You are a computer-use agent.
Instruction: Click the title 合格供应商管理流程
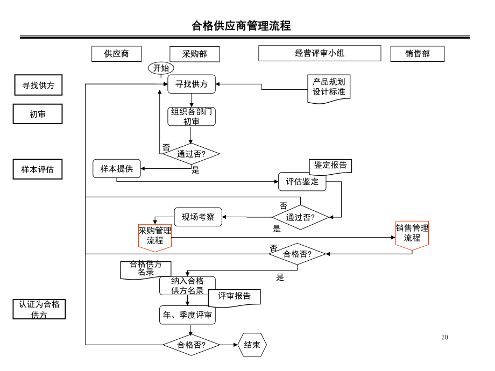pyautogui.click(x=241, y=26)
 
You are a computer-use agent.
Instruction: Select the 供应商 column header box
pyautogui.click(x=116, y=54)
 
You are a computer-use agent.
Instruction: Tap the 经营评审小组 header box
pyautogui.click(x=320, y=53)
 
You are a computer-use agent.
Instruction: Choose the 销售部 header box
pyautogui.click(x=418, y=54)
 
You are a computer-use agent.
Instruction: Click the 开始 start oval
pyautogui.click(x=161, y=68)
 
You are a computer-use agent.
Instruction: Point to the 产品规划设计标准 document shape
pyautogui.click(x=329, y=87)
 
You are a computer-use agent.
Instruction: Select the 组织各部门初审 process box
pyautogui.click(x=192, y=117)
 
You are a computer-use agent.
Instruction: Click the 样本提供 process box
pyautogui.click(x=117, y=169)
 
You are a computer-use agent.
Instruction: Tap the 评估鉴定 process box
pyautogui.click(x=302, y=181)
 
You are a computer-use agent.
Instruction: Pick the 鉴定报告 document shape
pyautogui.click(x=330, y=166)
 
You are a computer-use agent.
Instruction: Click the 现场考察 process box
pyautogui.click(x=198, y=217)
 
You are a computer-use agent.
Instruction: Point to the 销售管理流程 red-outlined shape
pyautogui.click(x=412, y=234)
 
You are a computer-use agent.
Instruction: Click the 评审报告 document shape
pyautogui.click(x=234, y=297)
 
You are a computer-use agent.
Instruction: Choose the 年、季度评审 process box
pyautogui.click(x=187, y=315)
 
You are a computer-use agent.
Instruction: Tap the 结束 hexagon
pyautogui.click(x=252, y=345)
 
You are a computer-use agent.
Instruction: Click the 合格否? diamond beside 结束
pyautogui.click(x=191, y=345)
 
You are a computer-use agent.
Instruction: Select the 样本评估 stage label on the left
pyautogui.click(x=38, y=169)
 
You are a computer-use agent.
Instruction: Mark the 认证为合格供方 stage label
pyautogui.click(x=39, y=309)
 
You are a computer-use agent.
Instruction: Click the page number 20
pyautogui.click(x=444, y=337)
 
